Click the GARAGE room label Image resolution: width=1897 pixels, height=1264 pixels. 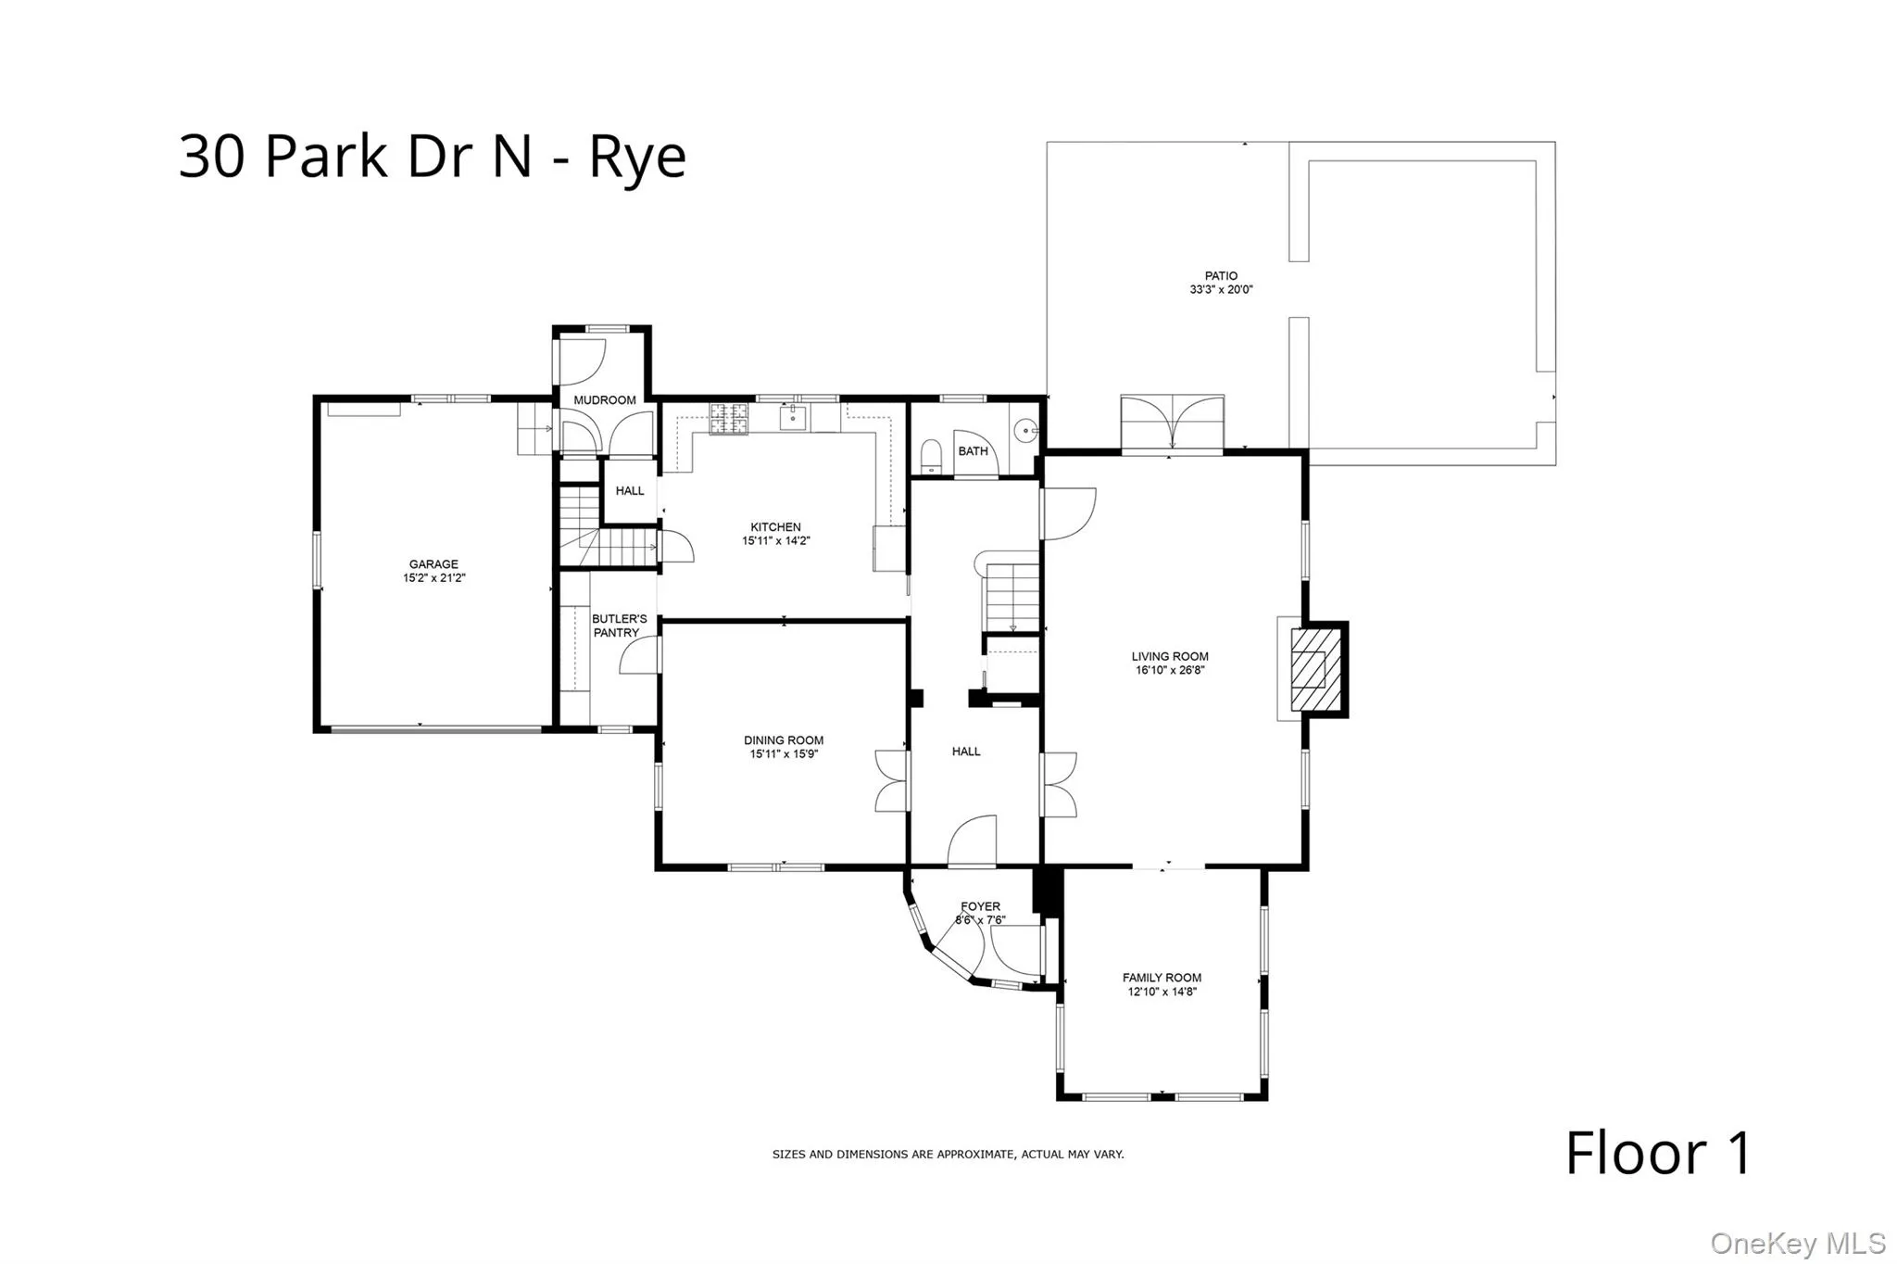[433, 563]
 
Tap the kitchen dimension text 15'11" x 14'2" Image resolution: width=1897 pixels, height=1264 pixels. [775, 541]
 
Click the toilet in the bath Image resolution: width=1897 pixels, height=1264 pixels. [931, 456]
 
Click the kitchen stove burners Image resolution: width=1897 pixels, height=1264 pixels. [728, 419]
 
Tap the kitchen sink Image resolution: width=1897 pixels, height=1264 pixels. [793, 418]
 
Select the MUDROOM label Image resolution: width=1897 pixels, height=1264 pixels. [604, 400]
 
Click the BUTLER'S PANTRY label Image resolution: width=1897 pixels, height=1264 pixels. [619, 626]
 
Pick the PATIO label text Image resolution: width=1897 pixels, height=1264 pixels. [1221, 275]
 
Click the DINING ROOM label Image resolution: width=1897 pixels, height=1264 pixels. [784, 740]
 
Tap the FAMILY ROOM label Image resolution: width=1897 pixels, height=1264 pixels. [1162, 978]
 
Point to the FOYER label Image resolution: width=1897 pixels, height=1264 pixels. [980, 906]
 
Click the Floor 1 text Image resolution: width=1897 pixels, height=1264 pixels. [1658, 1154]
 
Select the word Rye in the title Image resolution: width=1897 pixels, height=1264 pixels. [637, 158]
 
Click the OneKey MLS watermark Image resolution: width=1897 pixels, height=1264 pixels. [1797, 1243]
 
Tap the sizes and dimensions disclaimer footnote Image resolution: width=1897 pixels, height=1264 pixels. [948, 1155]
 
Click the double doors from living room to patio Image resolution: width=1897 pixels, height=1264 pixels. [1172, 423]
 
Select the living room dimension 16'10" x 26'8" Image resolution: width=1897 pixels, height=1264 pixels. [1170, 670]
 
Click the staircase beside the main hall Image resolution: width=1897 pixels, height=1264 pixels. [1011, 593]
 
